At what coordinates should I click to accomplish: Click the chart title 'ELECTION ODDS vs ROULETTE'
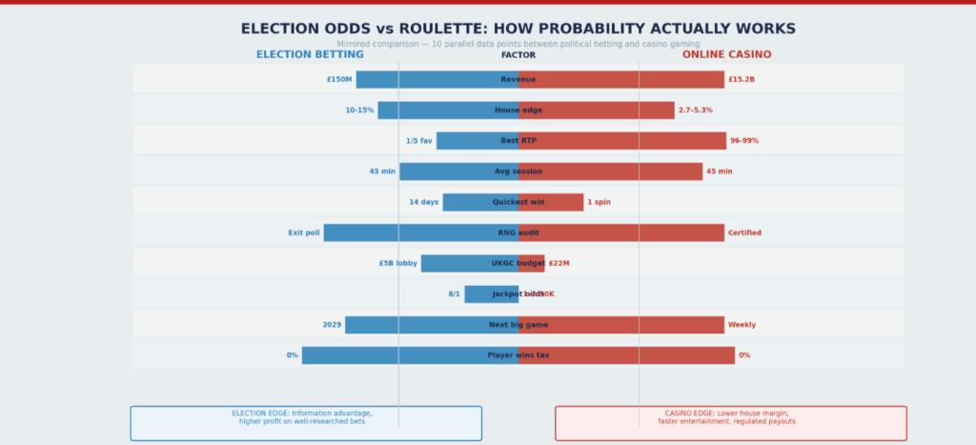(518, 30)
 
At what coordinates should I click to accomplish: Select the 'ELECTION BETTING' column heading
(310, 55)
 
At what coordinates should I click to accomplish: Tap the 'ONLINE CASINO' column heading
(726, 55)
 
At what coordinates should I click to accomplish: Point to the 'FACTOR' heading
(518, 55)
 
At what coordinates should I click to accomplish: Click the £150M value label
(339, 79)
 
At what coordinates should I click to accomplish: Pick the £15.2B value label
(742, 79)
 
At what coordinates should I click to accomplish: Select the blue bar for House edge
(448, 111)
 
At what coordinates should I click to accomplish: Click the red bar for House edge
(597, 111)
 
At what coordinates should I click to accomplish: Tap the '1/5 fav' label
(418, 141)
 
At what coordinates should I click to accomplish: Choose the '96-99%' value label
(744, 141)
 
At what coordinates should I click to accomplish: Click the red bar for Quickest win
(551, 202)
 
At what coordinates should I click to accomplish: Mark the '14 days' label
(424, 202)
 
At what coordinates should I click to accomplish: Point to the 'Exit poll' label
(304, 233)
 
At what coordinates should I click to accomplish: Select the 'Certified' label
(744, 233)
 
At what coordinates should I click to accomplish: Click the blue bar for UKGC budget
(470, 263)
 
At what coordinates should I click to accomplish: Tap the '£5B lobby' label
(397, 263)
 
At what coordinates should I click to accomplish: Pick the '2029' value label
(332, 325)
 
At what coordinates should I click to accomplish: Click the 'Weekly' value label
(742, 325)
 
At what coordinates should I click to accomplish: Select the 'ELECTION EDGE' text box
(306, 422)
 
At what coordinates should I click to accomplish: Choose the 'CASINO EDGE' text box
(730, 422)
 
